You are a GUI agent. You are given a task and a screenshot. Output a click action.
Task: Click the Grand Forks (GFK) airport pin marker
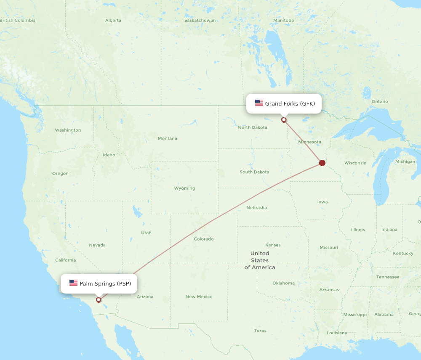(x=284, y=120)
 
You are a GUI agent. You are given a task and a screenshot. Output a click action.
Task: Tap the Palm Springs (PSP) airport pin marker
(x=99, y=300)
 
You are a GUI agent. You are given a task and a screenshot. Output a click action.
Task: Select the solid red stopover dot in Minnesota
(x=322, y=163)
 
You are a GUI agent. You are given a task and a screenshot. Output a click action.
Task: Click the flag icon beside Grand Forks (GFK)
(x=259, y=103)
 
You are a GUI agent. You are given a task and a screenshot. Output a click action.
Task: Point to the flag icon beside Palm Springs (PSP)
(x=73, y=283)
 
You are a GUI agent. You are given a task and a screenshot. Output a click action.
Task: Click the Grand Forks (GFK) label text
(x=290, y=103)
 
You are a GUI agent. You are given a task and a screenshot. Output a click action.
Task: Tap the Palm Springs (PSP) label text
(x=105, y=283)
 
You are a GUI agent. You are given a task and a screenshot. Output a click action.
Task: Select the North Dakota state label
(x=253, y=127)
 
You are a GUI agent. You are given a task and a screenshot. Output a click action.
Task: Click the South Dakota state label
(x=254, y=172)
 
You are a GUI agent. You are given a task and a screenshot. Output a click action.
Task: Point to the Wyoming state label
(x=184, y=188)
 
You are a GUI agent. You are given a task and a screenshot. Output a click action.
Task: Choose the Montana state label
(x=167, y=138)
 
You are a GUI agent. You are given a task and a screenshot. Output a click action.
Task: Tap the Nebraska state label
(x=256, y=208)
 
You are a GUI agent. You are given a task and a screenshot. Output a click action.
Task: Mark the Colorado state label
(x=204, y=239)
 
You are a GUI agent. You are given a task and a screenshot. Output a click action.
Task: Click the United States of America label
(x=260, y=260)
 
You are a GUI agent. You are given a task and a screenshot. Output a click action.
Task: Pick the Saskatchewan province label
(x=200, y=20)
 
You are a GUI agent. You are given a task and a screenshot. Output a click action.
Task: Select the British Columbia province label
(x=18, y=20)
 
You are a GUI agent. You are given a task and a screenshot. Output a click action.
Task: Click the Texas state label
(x=260, y=331)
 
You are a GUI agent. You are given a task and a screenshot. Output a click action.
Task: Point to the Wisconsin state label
(x=355, y=163)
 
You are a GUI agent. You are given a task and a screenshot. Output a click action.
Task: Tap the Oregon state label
(x=60, y=174)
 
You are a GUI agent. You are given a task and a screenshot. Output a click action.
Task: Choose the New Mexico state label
(x=199, y=297)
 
